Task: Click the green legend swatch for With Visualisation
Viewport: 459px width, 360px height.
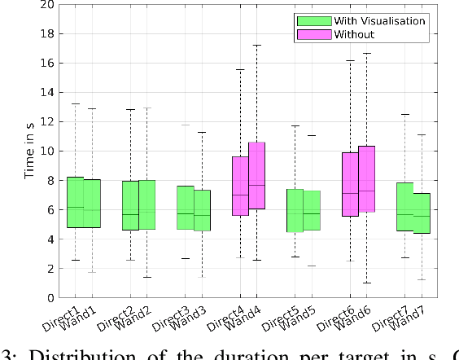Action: point(314,21)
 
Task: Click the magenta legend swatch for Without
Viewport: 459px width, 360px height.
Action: point(314,34)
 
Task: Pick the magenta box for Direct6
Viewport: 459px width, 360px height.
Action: point(350,184)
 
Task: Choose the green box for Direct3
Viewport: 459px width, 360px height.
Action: point(185,207)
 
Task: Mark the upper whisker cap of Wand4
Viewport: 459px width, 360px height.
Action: point(256,45)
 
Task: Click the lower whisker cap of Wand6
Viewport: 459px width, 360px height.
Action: point(366,283)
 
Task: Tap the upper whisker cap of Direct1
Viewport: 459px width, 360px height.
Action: point(75,103)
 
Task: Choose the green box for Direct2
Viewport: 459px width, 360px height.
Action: point(130,205)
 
